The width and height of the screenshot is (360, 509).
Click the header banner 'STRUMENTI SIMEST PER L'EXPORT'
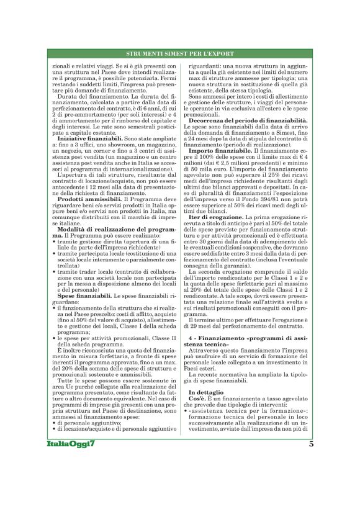coord(180,55)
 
